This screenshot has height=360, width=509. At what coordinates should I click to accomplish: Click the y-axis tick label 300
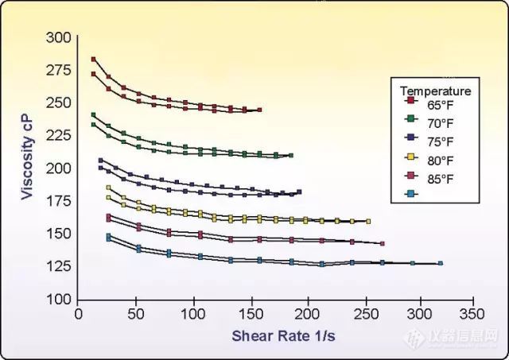[x=58, y=37]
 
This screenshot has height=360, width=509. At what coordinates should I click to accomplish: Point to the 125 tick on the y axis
[x=58, y=266]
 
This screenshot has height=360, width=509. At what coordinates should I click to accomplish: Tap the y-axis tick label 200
[x=58, y=168]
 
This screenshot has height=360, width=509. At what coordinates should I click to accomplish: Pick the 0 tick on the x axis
[x=78, y=315]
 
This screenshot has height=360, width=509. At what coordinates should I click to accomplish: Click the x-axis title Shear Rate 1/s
[x=283, y=335]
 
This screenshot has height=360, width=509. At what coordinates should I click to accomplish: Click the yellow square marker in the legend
[x=410, y=160]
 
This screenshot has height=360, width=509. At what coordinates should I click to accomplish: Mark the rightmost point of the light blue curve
[x=441, y=263]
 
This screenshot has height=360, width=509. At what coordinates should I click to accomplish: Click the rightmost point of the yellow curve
[x=368, y=221]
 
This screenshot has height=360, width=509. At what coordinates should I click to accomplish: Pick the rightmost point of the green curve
[x=291, y=155]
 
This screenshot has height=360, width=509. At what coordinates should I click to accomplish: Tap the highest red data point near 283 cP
[x=93, y=60]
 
